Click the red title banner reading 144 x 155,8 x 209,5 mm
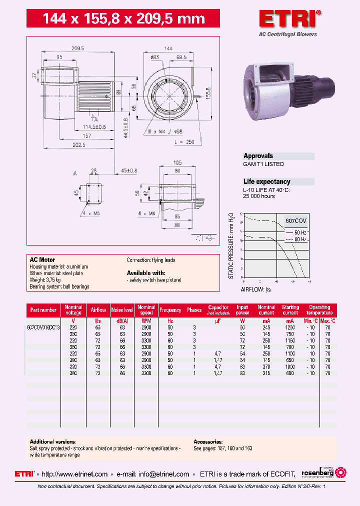click(123, 19)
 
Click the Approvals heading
click(258, 156)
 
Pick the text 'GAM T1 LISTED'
click(263, 164)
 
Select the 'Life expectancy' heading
click(266, 182)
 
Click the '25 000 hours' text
click(259, 196)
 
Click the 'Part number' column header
click(43, 310)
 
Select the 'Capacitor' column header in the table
click(218, 310)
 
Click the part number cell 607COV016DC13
click(43, 327)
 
